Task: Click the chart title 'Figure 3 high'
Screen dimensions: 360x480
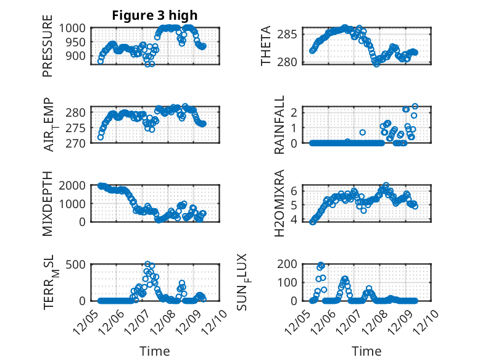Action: coord(155,15)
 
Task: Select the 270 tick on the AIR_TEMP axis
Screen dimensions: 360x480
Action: coord(78,143)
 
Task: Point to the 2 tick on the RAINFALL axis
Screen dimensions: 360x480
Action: coord(300,112)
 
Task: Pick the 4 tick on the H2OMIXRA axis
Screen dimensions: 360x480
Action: coord(300,220)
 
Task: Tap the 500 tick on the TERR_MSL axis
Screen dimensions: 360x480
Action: coord(78,265)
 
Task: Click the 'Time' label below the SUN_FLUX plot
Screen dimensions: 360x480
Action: coord(366,351)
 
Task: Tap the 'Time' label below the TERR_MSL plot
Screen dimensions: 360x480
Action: coord(155,351)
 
